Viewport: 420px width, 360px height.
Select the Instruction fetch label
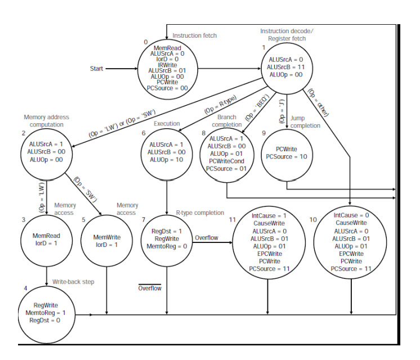tap(194, 35)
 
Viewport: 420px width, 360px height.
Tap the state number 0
tap(146, 42)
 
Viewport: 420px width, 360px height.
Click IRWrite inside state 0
tap(167, 65)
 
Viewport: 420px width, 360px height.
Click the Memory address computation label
tap(46, 121)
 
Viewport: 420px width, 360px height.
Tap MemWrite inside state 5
tap(107, 237)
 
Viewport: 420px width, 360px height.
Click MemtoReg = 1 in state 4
tap(46, 312)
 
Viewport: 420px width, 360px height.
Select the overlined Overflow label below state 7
tap(150, 288)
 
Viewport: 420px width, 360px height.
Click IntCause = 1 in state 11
tap(267, 215)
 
